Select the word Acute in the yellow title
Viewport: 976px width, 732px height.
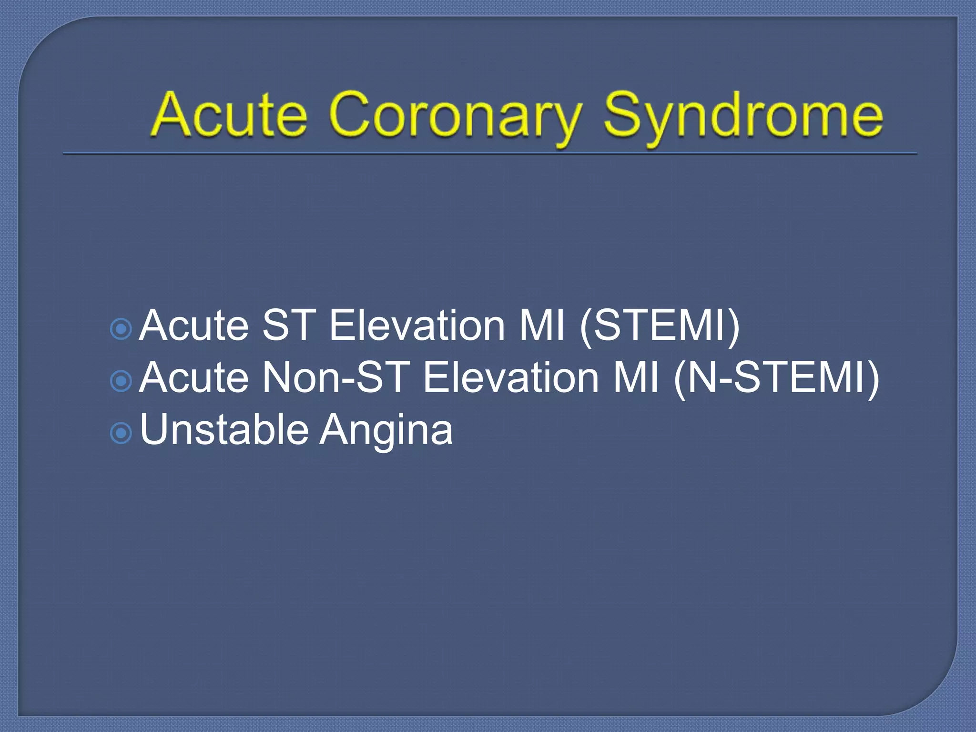tap(229, 114)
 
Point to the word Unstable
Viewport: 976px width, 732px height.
tap(224, 429)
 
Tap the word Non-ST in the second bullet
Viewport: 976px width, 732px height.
tap(336, 378)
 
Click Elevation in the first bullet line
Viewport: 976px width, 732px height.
tap(417, 326)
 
